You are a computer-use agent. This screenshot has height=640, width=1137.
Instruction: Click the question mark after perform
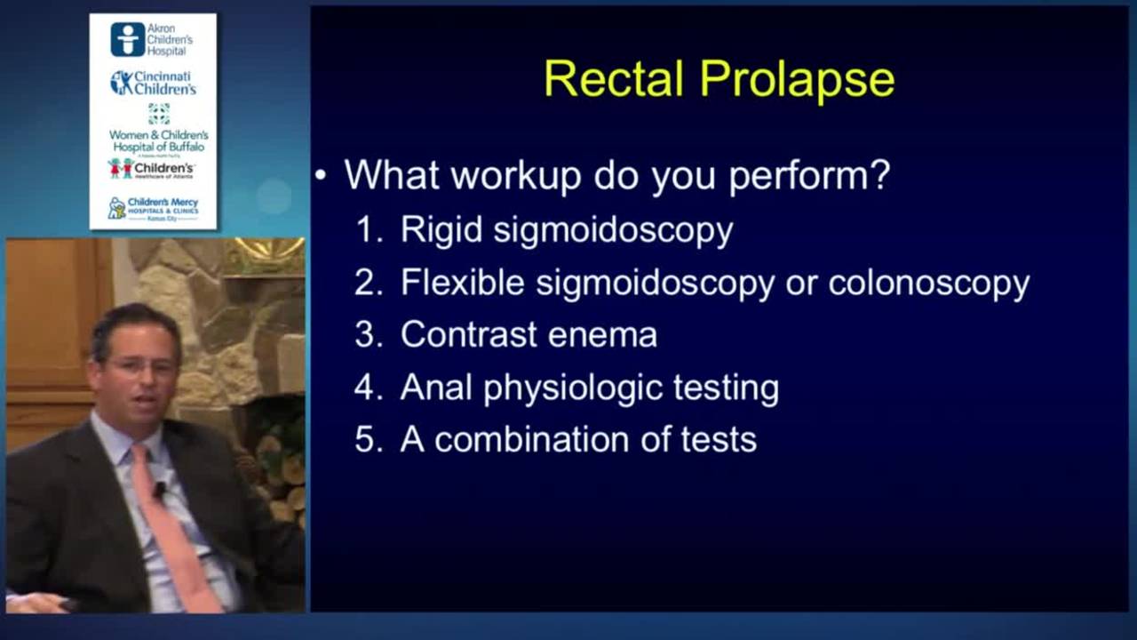[x=880, y=175]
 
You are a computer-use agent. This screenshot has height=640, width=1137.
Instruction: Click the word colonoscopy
[x=928, y=284]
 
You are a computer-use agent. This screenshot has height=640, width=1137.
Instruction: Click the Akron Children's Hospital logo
[x=153, y=40]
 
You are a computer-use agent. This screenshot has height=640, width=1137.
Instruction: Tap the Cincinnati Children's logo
[x=153, y=83]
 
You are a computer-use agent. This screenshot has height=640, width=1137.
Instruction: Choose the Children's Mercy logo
[x=153, y=209]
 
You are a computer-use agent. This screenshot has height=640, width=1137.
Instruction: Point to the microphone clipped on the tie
[x=160, y=488]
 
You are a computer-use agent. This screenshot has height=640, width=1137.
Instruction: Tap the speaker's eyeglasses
[x=142, y=365]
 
